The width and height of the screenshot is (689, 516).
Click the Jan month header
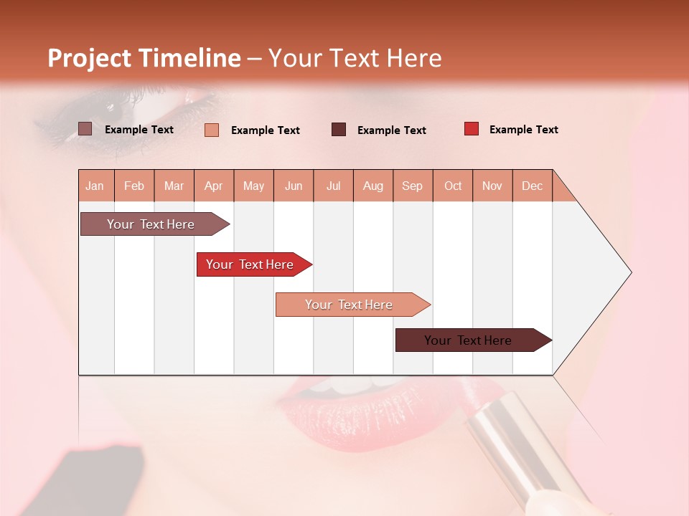pyautogui.click(x=95, y=186)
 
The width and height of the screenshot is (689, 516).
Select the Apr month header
pyautogui.click(x=214, y=186)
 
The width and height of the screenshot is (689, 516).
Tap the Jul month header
pyautogui.click(x=333, y=186)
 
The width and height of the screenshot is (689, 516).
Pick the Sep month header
pyautogui.click(x=412, y=186)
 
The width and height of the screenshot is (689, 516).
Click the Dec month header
pyautogui.click(x=532, y=186)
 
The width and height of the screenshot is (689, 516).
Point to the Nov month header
pyautogui.click(x=492, y=186)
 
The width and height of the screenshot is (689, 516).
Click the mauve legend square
pyautogui.click(x=85, y=129)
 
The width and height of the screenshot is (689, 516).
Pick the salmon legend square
pyautogui.click(x=212, y=130)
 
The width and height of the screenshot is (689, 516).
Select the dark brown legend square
pyautogui.click(x=339, y=130)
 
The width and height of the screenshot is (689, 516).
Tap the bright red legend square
pyautogui.click(x=472, y=129)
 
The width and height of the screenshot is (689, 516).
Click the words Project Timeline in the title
pyautogui.click(x=144, y=58)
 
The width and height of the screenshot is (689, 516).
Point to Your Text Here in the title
pyautogui.click(x=355, y=58)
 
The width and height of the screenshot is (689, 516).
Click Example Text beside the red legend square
pyautogui.click(x=523, y=129)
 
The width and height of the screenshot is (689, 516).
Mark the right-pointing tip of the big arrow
pyautogui.click(x=630, y=272)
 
